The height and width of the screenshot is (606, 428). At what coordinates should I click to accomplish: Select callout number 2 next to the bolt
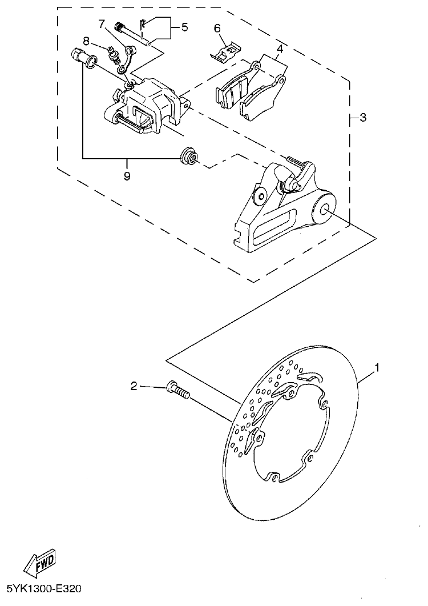point(134,387)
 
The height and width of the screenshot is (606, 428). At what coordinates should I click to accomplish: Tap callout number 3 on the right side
point(363,118)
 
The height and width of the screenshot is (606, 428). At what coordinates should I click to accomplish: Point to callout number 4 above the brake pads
point(280,49)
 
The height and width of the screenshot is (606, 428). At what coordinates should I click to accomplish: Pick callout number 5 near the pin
point(184,27)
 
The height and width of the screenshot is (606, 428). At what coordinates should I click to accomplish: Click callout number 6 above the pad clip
point(217,28)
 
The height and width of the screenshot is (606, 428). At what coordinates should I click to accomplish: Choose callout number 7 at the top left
point(102,24)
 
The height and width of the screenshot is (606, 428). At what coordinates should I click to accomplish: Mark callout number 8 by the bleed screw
point(86,41)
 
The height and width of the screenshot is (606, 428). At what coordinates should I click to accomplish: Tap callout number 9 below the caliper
point(127,176)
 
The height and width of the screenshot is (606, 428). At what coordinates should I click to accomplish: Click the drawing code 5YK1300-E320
point(48,588)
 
